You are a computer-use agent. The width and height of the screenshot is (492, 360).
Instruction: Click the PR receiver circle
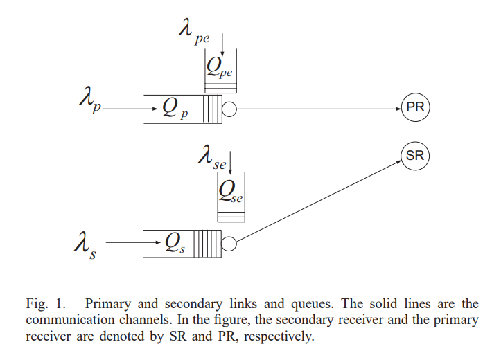(x=415, y=108)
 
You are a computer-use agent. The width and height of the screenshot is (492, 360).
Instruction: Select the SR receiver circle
(x=414, y=156)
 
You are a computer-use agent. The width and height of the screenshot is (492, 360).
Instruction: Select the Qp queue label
(x=174, y=107)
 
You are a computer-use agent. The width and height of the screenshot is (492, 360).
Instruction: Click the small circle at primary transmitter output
(x=229, y=109)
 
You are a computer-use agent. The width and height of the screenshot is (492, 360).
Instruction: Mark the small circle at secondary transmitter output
(x=229, y=243)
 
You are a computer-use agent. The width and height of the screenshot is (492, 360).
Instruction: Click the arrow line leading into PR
(x=319, y=109)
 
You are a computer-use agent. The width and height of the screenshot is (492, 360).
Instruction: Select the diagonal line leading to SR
(x=319, y=201)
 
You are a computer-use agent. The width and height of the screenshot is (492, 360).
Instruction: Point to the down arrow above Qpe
(x=222, y=43)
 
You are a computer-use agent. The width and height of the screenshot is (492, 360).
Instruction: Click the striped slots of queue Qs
(x=207, y=243)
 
